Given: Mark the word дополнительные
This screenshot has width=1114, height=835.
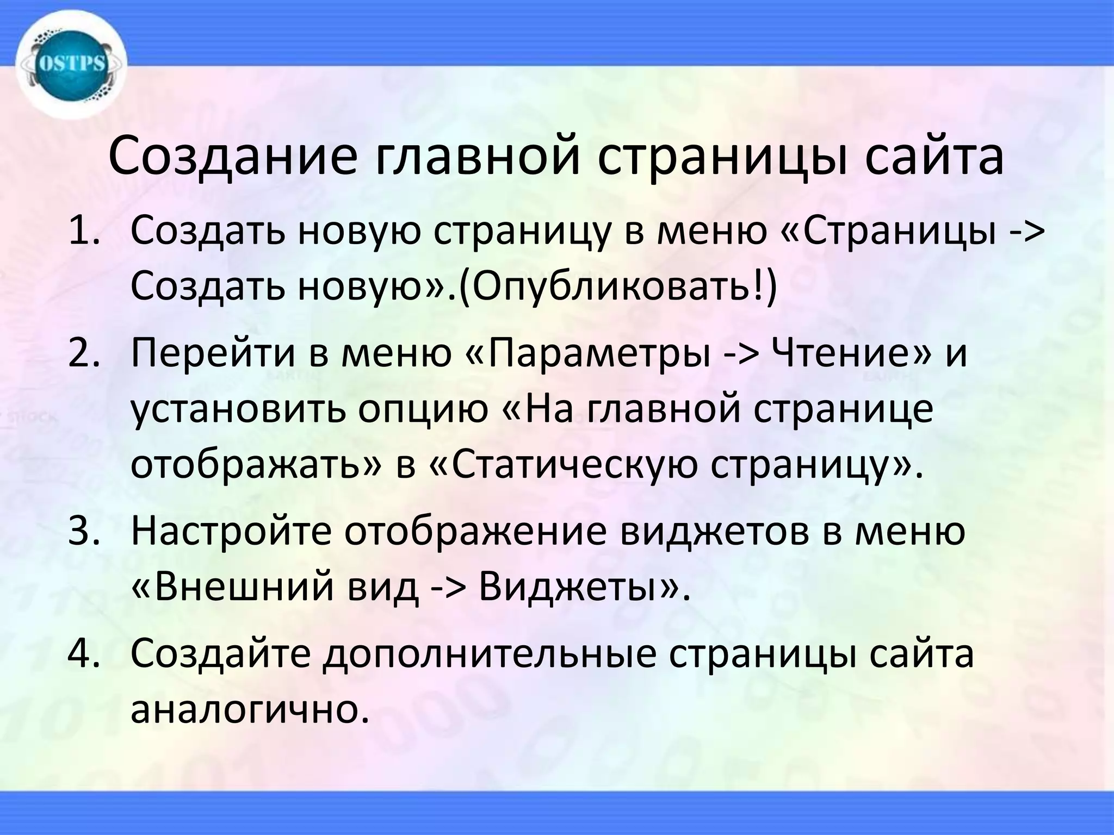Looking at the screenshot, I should click(x=490, y=655).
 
